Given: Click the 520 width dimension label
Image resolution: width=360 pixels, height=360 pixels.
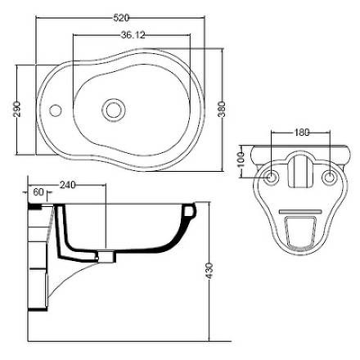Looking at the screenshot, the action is tap(121, 18).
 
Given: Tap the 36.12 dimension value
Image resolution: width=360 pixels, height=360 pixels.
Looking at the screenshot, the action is tap(133, 35).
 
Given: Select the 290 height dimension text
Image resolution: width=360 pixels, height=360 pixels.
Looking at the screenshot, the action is tap(17, 109).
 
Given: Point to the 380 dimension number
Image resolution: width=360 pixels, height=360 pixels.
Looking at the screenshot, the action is tap(222, 109).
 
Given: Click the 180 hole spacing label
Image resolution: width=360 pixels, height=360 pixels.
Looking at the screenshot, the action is tap(302, 133).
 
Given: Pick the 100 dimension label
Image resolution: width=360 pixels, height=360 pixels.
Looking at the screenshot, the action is tap(241, 161).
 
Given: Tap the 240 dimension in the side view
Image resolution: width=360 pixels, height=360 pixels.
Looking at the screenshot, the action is tap(67, 185).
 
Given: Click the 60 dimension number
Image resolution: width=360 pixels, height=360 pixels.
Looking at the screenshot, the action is tap(38, 192).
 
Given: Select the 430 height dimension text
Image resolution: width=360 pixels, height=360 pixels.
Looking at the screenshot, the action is tap(209, 271).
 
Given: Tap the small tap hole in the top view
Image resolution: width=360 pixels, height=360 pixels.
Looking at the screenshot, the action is tap(56, 110).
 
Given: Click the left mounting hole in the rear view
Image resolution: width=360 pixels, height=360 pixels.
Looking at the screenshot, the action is tap(272, 178).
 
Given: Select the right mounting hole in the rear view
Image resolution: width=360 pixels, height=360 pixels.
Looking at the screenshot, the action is tap(330, 178).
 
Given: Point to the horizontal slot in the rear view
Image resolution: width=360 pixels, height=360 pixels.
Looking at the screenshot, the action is tap(300, 212).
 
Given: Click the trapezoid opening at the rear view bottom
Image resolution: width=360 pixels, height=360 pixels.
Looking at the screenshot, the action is tap(300, 232).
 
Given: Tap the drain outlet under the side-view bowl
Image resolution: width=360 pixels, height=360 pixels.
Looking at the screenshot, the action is tap(106, 256).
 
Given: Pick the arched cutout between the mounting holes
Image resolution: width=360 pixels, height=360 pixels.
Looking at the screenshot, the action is tap(300, 170).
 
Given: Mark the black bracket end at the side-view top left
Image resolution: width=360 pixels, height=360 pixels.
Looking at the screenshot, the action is tap(35, 207).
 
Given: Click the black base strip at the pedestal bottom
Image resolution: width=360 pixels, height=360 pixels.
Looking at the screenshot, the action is tap(38, 309).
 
